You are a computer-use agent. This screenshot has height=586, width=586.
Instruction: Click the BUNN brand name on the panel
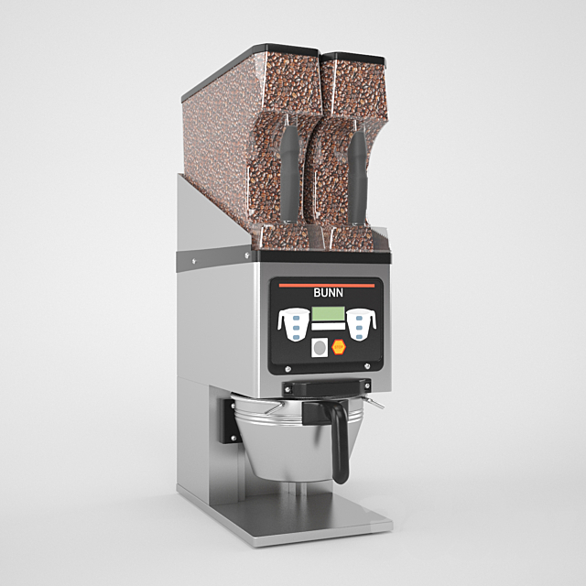point(327,295)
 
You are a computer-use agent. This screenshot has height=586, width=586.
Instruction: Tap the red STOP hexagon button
point(338,347)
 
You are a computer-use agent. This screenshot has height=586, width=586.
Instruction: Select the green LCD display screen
point(328,314)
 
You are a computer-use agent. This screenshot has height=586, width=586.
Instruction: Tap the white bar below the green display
point(328,328)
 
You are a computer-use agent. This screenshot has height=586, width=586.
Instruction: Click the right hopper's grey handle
point(356,174)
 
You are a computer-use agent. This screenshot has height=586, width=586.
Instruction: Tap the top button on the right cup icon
point(362,317)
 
